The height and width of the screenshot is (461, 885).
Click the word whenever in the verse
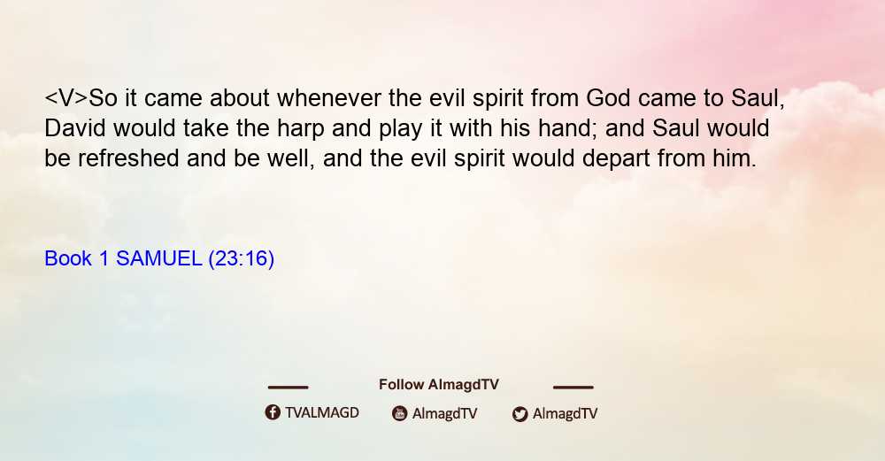coord(329,98)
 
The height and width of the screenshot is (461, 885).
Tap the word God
coord(608,98)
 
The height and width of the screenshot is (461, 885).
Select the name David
coord(75,128)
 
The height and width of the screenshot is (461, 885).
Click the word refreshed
coord(128,158)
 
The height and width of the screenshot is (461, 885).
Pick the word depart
coord(616,159)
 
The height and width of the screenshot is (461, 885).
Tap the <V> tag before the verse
coord(66,98)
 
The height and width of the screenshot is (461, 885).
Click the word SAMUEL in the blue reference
coord(158,258)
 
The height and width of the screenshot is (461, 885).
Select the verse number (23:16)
coord(241,259)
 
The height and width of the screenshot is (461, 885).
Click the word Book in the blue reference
coord(68,258)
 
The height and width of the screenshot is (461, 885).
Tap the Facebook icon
coord(273,412)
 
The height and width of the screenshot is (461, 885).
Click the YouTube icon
coord(400,413)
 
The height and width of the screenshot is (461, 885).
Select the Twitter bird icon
coord(519,414)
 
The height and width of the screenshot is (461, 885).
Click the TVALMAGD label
coord(322,412)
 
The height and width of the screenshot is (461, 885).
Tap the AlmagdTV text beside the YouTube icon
coord(445,413)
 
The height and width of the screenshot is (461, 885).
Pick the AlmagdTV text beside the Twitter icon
coord(565,413)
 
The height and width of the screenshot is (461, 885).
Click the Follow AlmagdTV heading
coord(439,384)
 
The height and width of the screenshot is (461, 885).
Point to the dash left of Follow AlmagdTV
coord(288,387)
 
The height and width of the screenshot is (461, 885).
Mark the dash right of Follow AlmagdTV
coord(573,387)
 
